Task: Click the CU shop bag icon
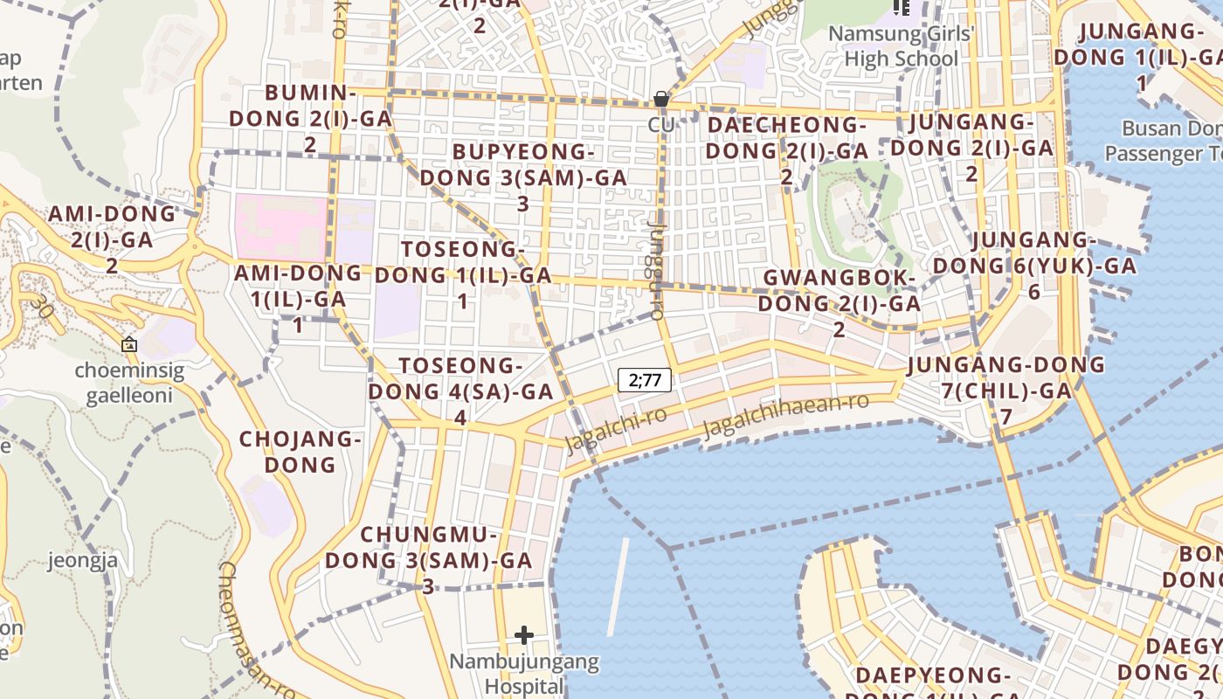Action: pos(661,99)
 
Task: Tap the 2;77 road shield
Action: pos(645,380)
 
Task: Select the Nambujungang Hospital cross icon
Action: pos(524,634)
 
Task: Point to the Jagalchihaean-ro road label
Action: pos(785,415)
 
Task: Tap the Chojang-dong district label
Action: pos(300,452)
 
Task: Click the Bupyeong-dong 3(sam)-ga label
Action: pos(523,177)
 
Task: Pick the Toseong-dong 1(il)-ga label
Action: pos(463,275)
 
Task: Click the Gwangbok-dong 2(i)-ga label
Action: pos(839,303)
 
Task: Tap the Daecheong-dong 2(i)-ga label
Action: pos(786,151)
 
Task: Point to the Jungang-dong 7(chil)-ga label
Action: pos(1005,390)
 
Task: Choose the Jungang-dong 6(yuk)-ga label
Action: pos(1034,266)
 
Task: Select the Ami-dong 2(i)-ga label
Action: pos(112,239)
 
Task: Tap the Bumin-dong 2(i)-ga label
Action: pos(310,118)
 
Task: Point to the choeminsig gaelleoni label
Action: pos(129,383)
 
